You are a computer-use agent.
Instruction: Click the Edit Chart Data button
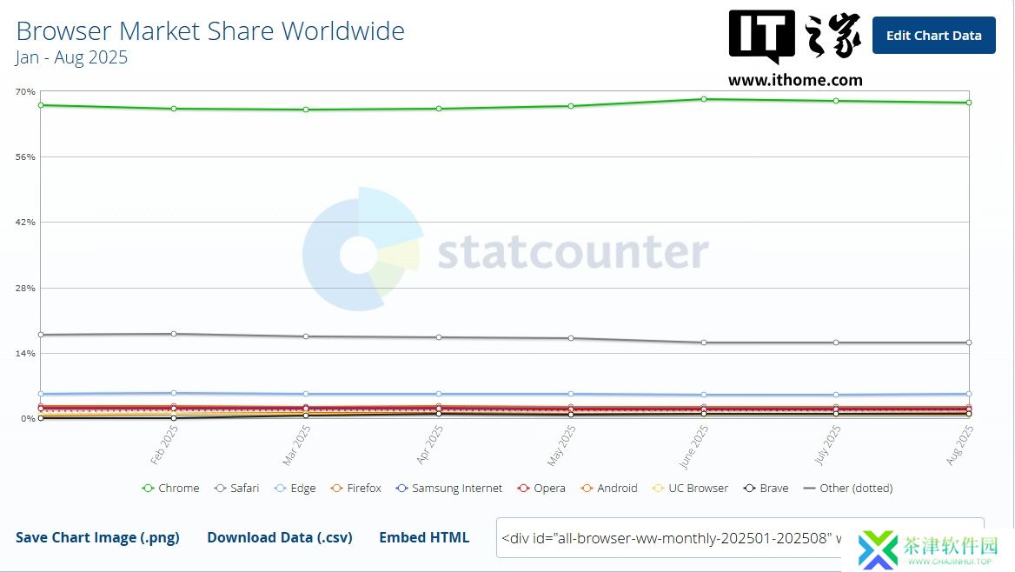[933, 36]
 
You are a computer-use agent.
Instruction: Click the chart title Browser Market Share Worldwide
[210, 31]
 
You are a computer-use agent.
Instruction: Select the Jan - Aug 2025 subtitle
[71, 57]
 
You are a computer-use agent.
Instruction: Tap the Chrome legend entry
[171, 489]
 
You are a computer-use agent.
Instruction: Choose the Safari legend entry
[237, 489]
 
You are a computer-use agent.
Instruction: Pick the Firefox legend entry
[356, 489]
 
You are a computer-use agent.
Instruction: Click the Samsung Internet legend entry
[449, 489]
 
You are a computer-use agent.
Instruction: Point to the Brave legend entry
[766, 489]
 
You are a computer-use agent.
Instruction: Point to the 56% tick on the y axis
[24, 157]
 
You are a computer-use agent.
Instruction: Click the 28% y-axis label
[24, 288]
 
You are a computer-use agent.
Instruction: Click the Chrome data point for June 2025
[703, 99]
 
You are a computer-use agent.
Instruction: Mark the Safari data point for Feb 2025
[174, 334]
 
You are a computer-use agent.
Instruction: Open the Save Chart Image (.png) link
[97, 537]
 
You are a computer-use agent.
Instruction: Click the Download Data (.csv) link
[280, 537]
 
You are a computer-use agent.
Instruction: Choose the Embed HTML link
[424, 537]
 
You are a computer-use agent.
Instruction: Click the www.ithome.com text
[795, 80]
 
